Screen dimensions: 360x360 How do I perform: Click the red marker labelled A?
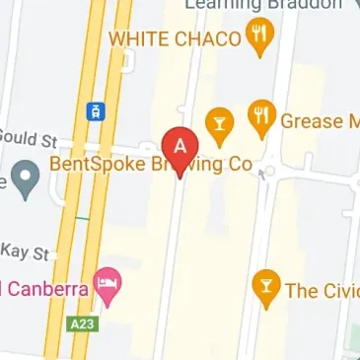pyautogui.click(x=179, y=147)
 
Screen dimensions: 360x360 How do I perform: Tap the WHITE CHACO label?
pyautogui.click(x=175, y=38)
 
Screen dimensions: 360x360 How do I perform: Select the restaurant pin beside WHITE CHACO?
pyautogui.click(x=260, y=36)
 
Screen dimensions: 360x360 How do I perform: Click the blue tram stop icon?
pyautogui.click(x=95, y=110)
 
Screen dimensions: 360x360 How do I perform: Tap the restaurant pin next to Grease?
pyautogui.click(x=260, y=116)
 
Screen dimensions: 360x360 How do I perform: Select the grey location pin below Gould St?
pyautogui.click(x=25, y=180)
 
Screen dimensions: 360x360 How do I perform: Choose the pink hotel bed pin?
pyautogui.click(x=106, y=287)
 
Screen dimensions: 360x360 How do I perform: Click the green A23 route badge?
pyautogui.click(x=84, y=323)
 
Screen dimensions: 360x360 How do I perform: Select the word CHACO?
pyautogui.click(x=206, y=38)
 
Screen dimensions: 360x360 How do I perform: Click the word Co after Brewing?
pyautogui.click(x=241, y=164)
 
